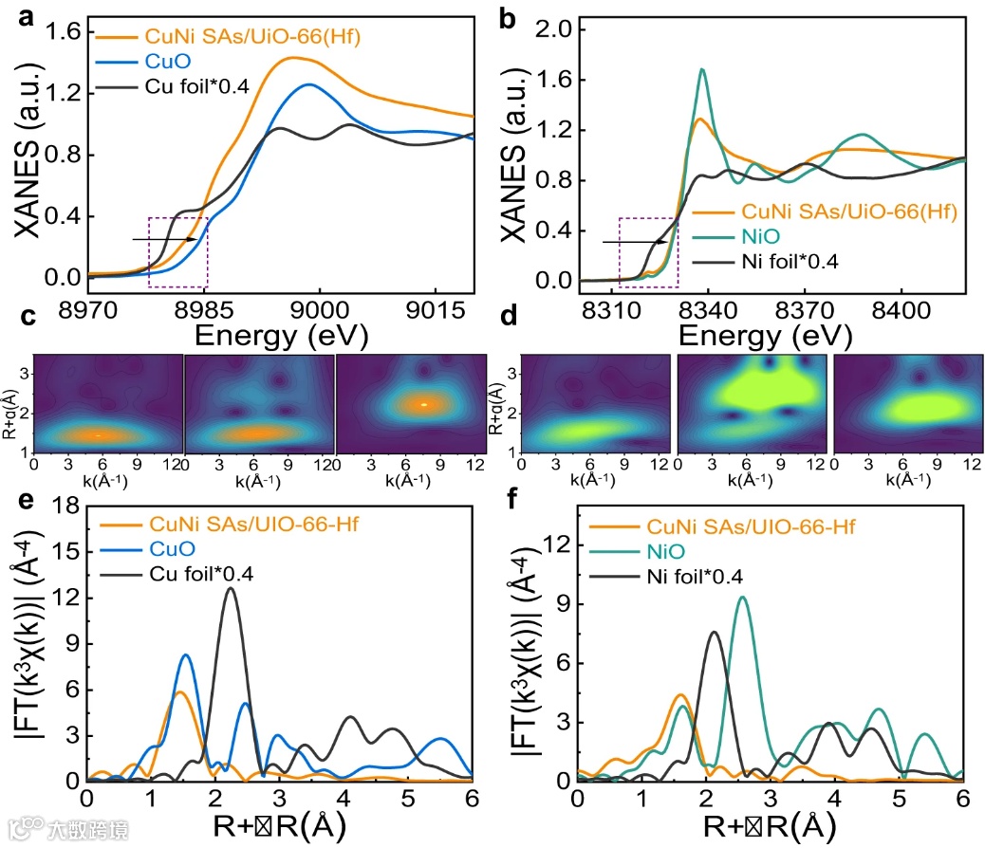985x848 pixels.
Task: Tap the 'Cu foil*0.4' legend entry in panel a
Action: [x=196, y=87]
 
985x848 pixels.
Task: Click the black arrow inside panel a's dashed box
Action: [x=165, y=239]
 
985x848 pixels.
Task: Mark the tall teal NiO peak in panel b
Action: [x=702, y=70]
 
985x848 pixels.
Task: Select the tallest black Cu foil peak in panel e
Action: [x=230, y=589]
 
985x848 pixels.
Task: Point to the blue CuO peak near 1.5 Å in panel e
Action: [x=186, y=655]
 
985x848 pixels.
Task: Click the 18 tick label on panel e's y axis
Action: [x=64, y=510]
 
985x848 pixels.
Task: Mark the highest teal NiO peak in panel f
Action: [x=742, y=598]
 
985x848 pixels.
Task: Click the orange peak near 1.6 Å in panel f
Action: [x=679, y=695]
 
